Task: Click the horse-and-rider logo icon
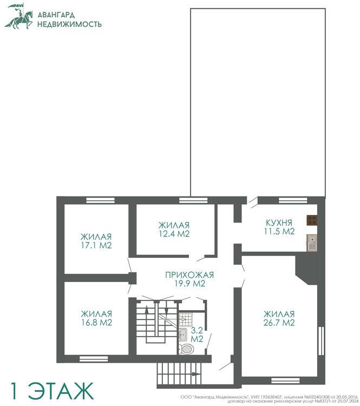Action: click(x=19, y=16)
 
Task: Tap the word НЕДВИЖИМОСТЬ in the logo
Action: click(x=69, y=24)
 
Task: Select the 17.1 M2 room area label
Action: click(x=96, y=245)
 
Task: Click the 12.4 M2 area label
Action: click(x=174, y=233)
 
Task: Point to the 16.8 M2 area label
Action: click(x=96, y=323)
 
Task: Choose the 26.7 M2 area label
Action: click(x=279, y=323)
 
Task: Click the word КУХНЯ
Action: click(x=279, y=222)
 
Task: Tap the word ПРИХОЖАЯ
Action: click(x=189, y=274)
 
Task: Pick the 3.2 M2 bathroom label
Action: click(x=197, y=335)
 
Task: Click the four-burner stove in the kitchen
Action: click(x=312, y=220)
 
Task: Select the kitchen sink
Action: click(x=312, y=243)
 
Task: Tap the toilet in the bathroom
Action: click(x=186, y=349)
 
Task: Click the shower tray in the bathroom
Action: click(x=186, y=319)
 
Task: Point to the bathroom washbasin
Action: click(x=183, y=335)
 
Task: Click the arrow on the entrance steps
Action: click(x=196, y=374)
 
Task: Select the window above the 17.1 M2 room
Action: click(x=101, y=200)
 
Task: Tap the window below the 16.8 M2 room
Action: click(x=94, y=359)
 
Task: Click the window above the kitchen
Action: click(x=293, y=200)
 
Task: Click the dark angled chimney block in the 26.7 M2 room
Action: click(x=307, y=269)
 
